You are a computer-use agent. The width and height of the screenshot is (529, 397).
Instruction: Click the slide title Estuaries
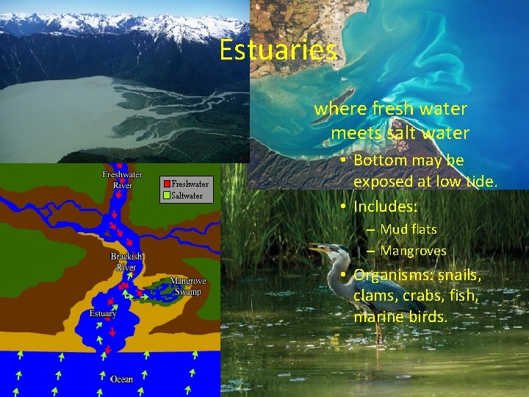[x=278, y=51]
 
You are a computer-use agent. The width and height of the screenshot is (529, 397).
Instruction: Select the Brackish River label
[x=127, y=262]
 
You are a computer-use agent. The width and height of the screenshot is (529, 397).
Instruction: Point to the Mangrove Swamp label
[x=188, y=286]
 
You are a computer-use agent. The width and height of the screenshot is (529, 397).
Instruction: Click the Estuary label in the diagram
[x=103, y=314]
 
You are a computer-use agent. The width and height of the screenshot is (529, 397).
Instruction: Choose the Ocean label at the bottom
[x=121, y=379]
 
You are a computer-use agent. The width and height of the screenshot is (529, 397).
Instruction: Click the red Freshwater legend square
[x=167, y=184]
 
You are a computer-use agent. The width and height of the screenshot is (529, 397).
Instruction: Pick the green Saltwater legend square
[x=167, y=196]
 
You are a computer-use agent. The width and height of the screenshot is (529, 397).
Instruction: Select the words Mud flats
[x=408, y=229]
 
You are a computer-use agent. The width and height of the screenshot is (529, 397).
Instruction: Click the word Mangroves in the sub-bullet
[x=413, y=251]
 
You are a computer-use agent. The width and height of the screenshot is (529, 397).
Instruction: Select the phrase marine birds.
[x=400, y=317]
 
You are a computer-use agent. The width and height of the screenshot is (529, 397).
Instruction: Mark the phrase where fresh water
[x=390, y=109]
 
